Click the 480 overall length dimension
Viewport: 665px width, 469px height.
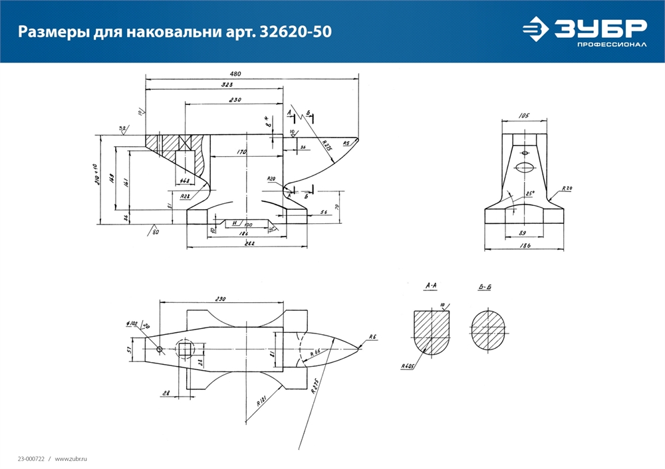pos(235,74)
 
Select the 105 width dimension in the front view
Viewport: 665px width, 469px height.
pos(524,116)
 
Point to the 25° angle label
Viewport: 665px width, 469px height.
pos(530,194)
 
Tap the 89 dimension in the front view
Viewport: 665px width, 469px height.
pos(523,233)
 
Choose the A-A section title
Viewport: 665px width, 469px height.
pos(430,286)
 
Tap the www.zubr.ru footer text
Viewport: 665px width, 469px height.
pos(71,459)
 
